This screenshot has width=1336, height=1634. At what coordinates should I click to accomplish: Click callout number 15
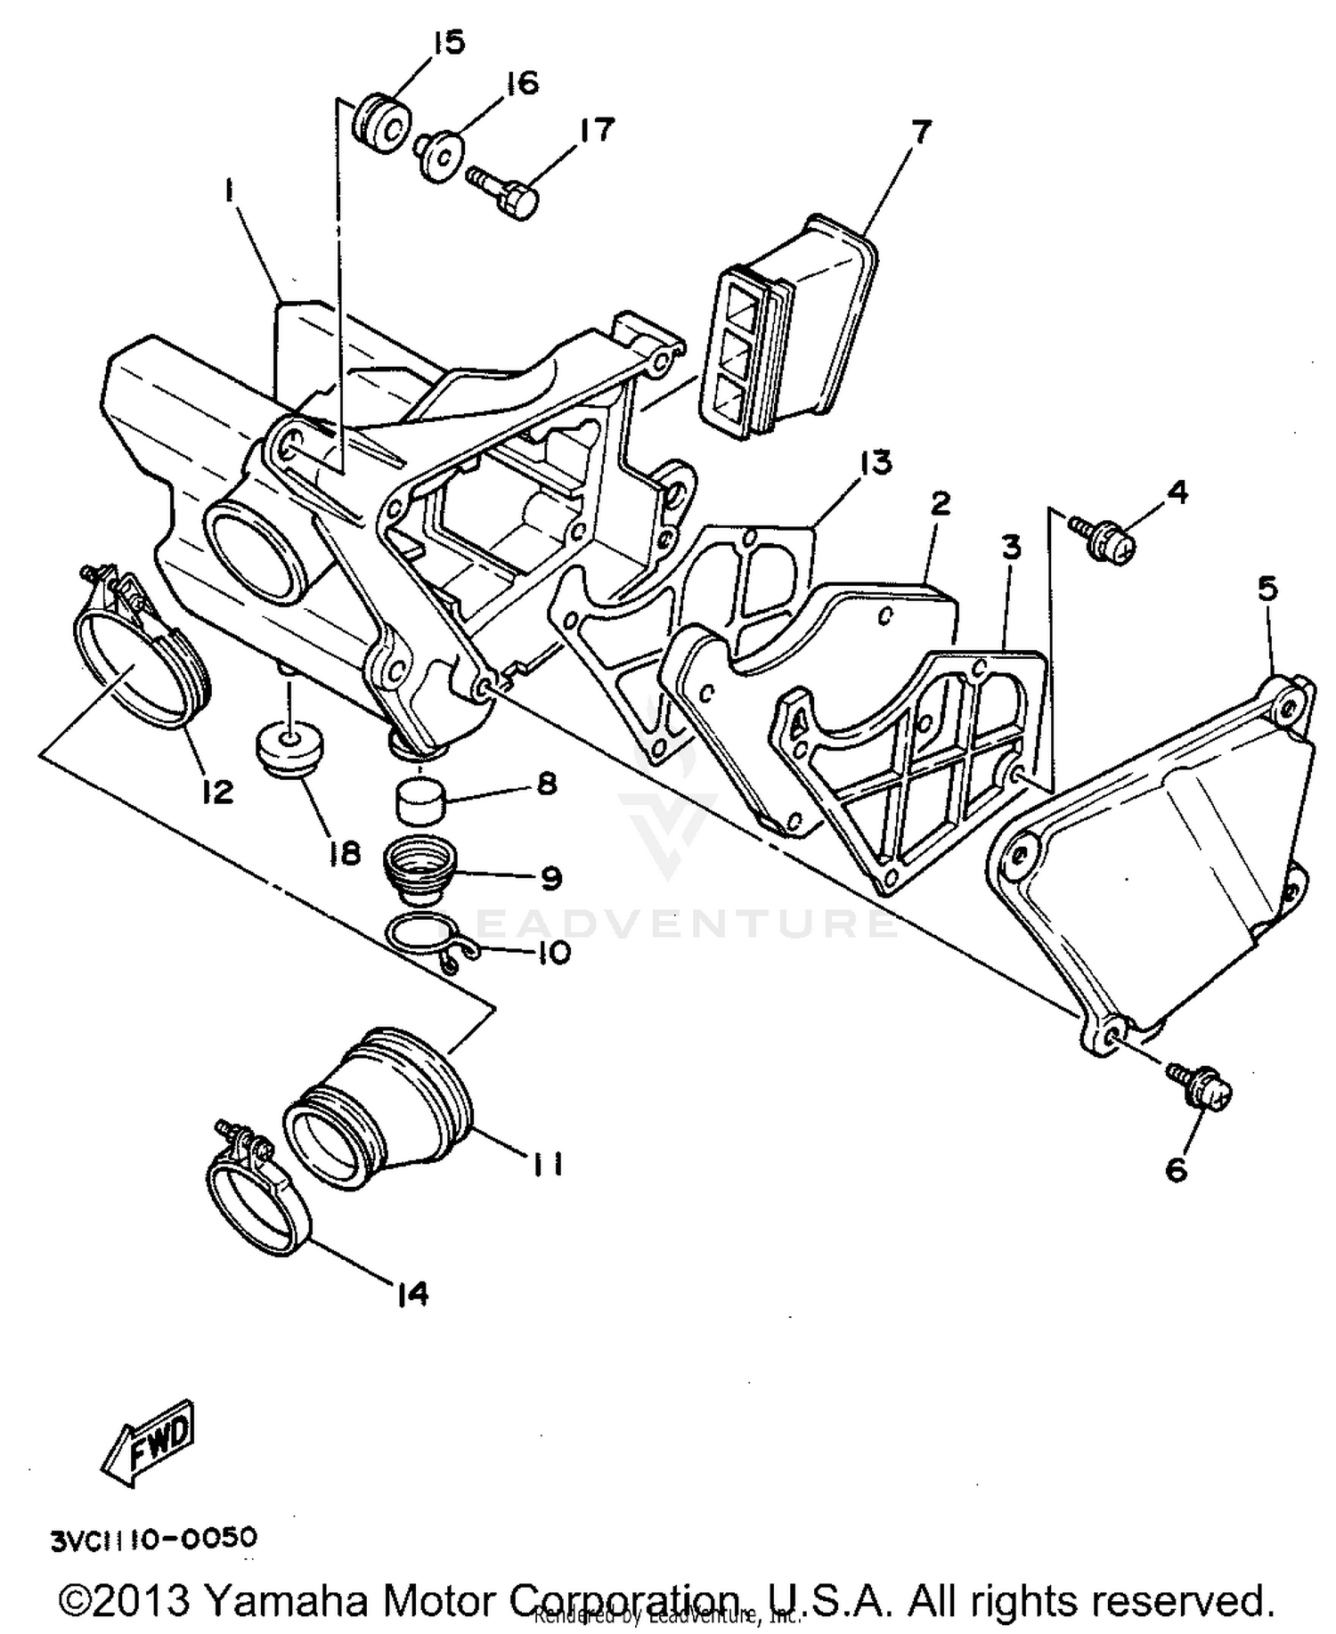450,43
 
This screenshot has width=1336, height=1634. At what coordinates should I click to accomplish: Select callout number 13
876,462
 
